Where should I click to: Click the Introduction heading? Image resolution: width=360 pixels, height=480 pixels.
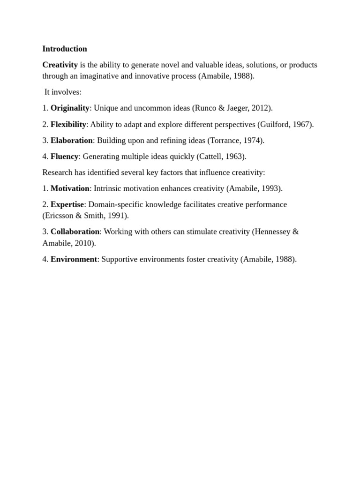[x=65, y=49]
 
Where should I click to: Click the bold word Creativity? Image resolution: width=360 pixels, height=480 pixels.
[x=60, y=65]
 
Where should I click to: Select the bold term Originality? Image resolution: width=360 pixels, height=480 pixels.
[x=70, y=108]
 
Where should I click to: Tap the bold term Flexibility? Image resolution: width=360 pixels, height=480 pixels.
[x=68, y=124]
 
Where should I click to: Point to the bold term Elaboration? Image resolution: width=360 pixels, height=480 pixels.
[x=72, y=140]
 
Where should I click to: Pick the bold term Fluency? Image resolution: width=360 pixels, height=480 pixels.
[x=64, y=156]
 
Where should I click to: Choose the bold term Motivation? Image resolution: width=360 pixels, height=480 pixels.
[x=70, y=188]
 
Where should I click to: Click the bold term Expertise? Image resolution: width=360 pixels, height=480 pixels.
[x=67, y=204]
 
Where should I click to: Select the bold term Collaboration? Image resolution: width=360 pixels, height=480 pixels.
[x=75, y=232]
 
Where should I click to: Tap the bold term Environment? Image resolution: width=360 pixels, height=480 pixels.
[x=74, y=259]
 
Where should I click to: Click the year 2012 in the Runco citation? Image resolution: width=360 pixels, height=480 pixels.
[x=261, y=108]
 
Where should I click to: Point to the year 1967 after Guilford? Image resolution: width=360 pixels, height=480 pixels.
[x=302, y=124]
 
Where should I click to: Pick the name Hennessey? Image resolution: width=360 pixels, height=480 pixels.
[x=272, y=232]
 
